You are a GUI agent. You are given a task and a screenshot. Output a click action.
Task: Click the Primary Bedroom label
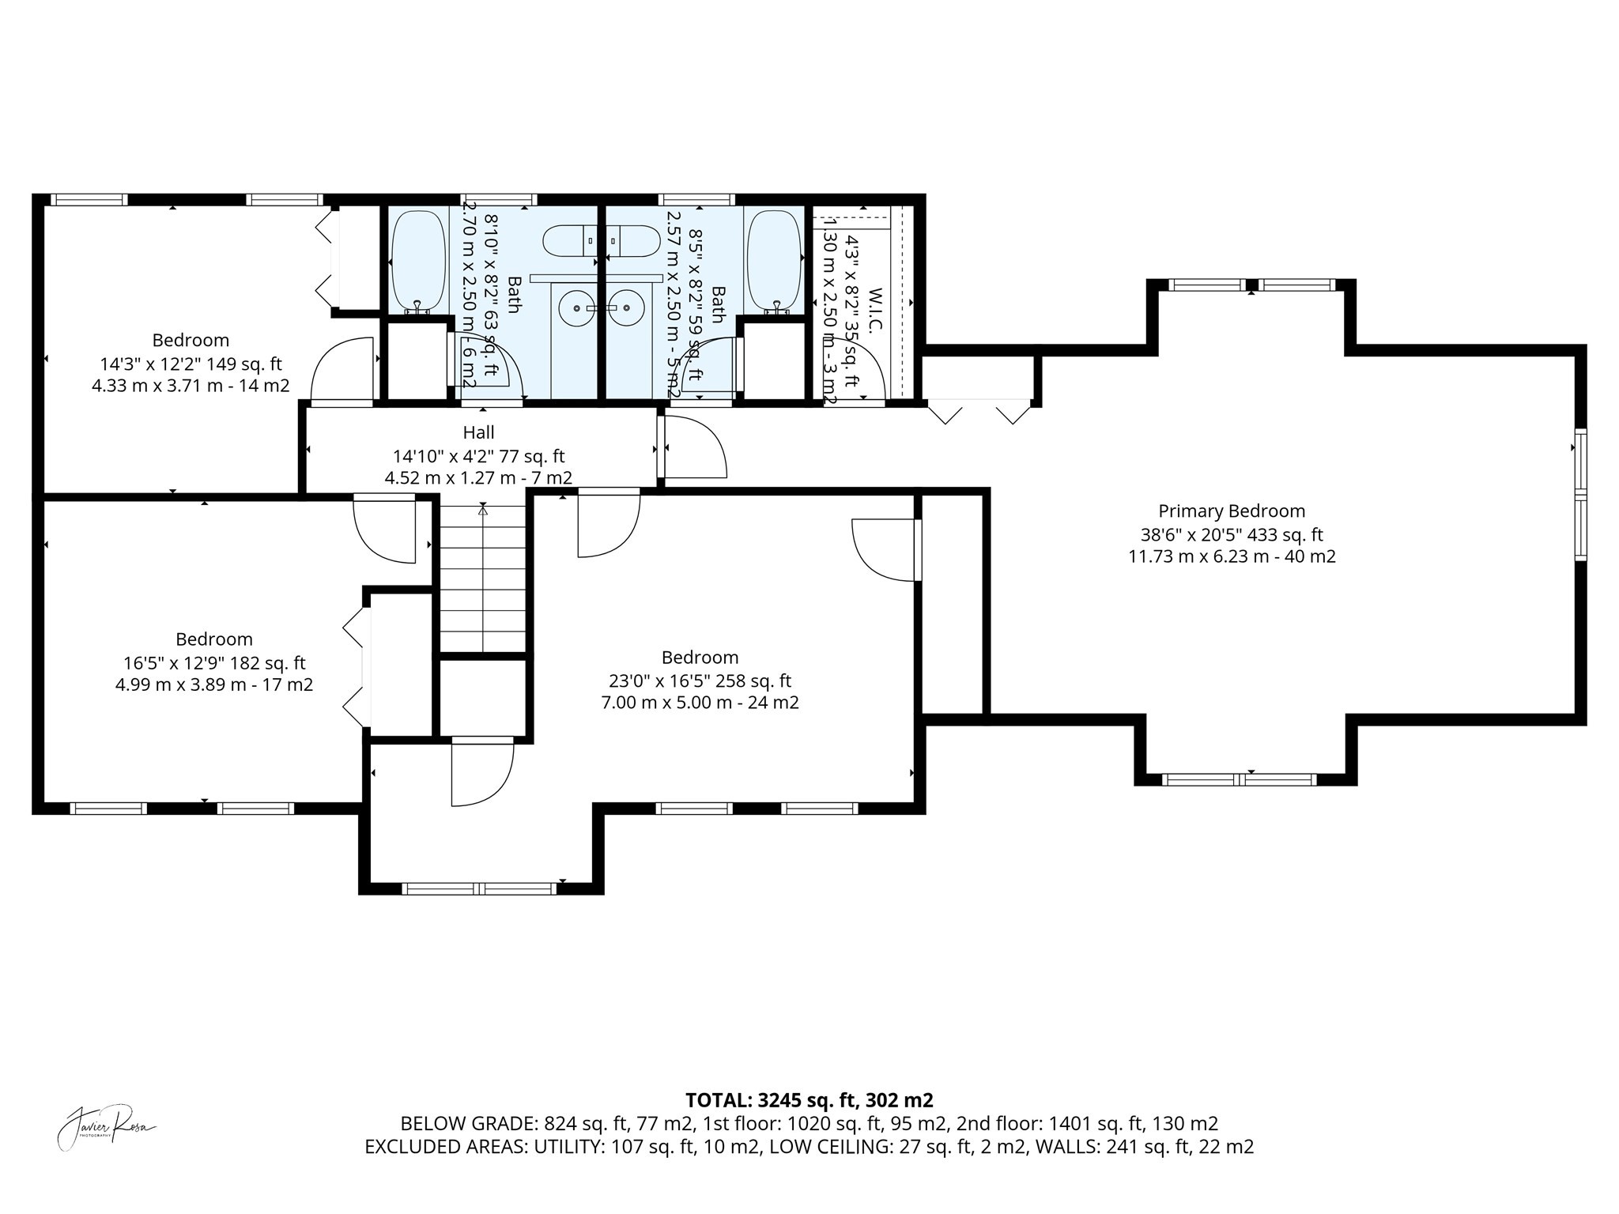[1231, 511]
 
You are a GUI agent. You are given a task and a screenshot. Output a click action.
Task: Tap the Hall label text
[478, 432]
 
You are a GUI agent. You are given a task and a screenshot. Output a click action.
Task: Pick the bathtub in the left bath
[417, 261]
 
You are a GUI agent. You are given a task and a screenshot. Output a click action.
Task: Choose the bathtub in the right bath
[774, 261]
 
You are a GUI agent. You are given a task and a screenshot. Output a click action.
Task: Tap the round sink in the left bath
[576, 308]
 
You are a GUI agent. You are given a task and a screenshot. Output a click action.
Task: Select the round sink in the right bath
[627, 308]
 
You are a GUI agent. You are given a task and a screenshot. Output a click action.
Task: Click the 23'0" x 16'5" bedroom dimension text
[700, 681]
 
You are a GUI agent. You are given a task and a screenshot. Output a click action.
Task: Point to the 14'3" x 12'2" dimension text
[191, 364]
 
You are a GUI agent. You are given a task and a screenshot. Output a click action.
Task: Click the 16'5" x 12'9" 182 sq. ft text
[214, 663]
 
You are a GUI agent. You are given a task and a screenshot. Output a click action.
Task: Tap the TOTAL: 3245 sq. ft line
[809, 1100]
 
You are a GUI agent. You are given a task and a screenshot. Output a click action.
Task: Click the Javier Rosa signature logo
[107, 1125]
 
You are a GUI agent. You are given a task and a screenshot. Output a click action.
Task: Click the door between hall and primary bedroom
[694, 448]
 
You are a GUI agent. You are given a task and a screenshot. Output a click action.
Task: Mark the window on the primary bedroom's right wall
[1580, 495]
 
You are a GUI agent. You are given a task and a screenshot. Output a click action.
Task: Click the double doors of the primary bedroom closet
[979, 412]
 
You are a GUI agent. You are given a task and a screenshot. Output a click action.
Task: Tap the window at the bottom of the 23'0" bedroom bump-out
[480, 889]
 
